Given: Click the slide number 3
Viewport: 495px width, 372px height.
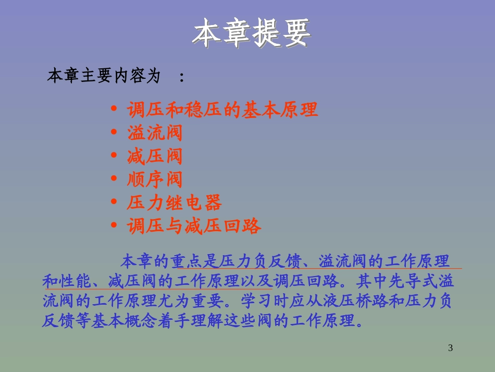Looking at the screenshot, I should point(451,348).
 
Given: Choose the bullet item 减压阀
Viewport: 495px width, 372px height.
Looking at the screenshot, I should point(155,156).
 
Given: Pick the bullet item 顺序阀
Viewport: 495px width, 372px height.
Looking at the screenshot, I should point(155,179).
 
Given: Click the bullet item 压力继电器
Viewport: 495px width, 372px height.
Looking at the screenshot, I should point(175,203).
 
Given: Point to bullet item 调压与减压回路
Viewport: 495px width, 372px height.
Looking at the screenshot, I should point(194,226).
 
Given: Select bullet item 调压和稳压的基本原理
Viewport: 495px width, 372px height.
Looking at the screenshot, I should point(222,110).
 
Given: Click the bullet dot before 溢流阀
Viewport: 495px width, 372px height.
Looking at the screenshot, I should point(114,133).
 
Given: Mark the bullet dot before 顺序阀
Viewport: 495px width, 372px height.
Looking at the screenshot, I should point(114,180).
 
